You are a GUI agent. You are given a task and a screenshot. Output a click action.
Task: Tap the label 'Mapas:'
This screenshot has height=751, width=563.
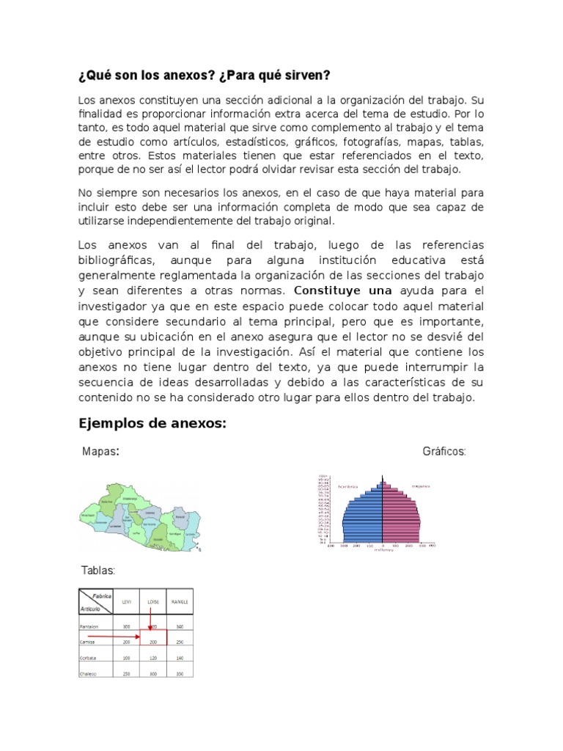[100, 452]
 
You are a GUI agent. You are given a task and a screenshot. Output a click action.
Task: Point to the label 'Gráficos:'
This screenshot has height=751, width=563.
[444, 452]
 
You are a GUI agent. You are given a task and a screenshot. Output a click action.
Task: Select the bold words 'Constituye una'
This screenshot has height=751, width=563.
[334, 290]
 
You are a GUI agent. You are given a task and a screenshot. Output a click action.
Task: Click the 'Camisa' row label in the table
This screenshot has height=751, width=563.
[89, 642]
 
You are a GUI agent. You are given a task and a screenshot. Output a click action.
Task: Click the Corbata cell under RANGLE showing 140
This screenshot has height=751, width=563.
[180, 658]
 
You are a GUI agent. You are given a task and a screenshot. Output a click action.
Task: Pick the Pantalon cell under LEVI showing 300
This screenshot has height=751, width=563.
[126, 626]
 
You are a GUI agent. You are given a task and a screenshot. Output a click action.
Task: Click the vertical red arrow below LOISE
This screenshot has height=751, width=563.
[150, 618]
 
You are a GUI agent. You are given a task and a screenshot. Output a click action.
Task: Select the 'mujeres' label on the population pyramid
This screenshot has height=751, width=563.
[420, 486]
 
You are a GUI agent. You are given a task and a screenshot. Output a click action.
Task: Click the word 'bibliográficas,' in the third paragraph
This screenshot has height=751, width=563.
[117, 260]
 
